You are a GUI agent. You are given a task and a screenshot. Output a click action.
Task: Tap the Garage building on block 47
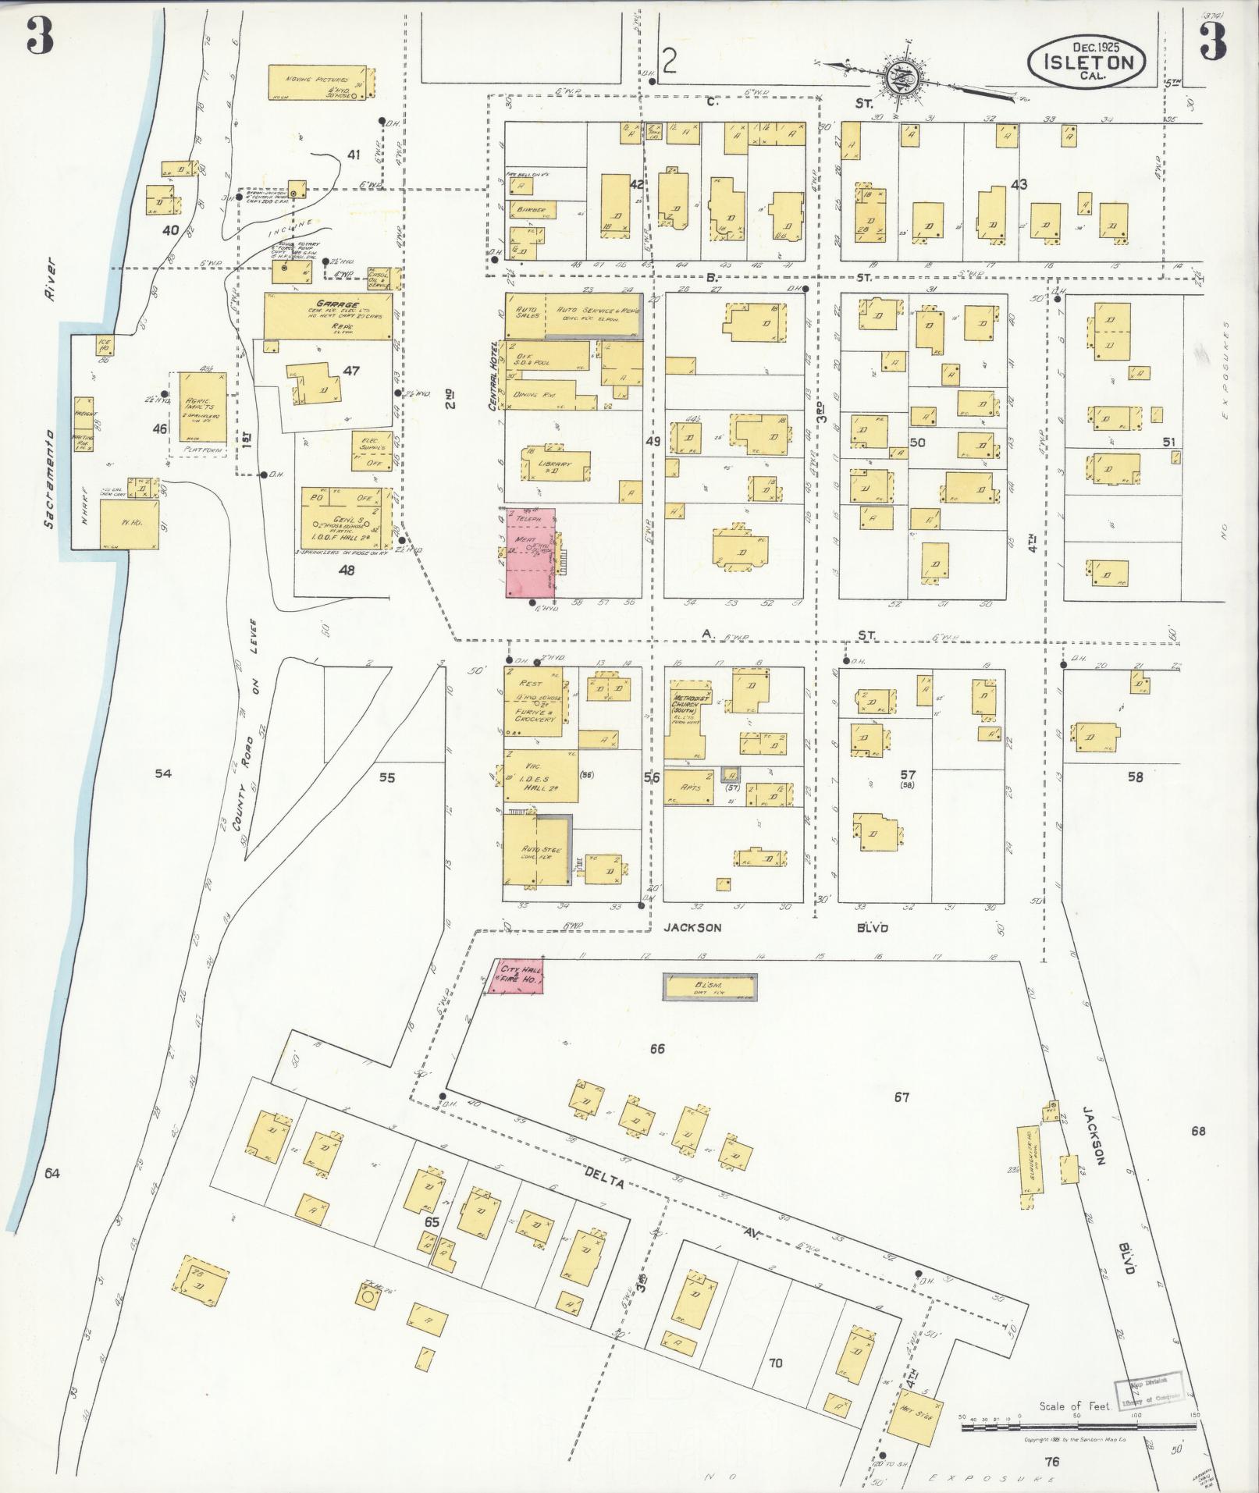(x=328, y=316)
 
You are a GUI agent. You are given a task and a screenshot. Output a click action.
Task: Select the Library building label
(x=556, y=465)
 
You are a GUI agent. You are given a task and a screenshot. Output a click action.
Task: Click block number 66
(x=657, y=1049)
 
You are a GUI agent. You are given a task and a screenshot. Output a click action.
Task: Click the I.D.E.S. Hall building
(x=541, y=776)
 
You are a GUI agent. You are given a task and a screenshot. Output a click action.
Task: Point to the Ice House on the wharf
(x=104, y=344)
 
